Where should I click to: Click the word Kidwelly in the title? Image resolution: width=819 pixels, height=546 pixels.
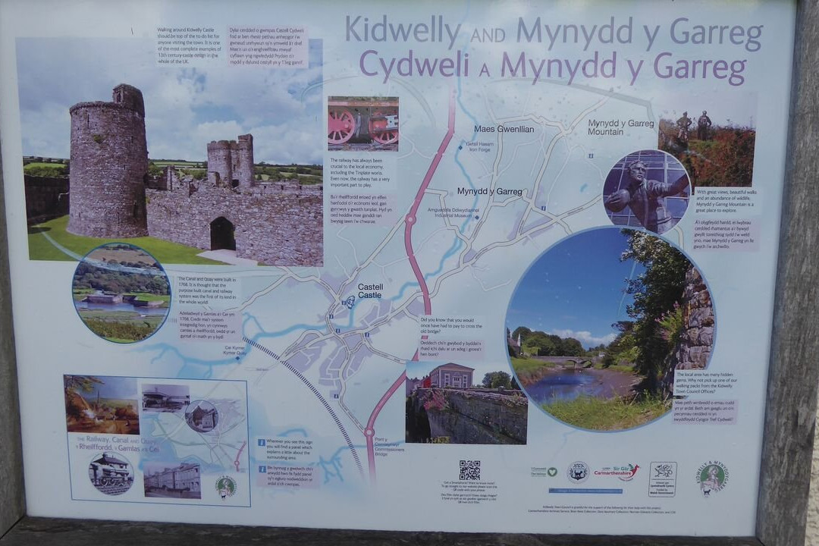point(402,32)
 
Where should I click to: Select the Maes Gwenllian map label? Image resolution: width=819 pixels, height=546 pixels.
point(504,129)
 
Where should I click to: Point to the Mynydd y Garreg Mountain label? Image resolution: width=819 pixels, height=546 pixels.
point(620,127)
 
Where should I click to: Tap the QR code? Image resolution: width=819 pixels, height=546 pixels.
point(469,469)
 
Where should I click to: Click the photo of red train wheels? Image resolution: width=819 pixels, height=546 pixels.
point(363,124)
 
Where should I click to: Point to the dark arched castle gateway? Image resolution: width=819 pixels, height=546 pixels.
point(222,234)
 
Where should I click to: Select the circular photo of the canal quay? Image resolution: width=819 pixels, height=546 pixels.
point(121,293)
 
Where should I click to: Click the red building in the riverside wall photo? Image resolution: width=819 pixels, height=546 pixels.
point(450,376)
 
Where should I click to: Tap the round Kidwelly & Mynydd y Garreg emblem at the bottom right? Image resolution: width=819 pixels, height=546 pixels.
point(712,477)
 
